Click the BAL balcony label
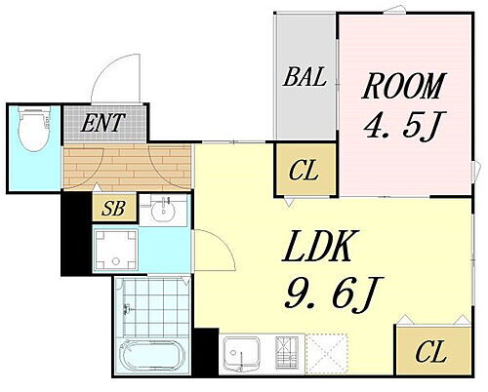(305, 77)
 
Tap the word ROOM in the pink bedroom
(403, 86)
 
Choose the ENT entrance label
(102, 123)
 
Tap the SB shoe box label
(113, 208)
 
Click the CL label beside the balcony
(304, 171)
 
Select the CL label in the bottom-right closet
(430, 353)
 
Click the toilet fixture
(34, 129)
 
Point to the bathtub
(152, 357)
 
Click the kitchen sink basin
(240, 353)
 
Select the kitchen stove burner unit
(287, 352)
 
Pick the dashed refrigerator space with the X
(327, 354)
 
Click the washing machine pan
(115, 250)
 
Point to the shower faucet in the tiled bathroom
(127, 309)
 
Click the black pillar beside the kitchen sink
(206, 352)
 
